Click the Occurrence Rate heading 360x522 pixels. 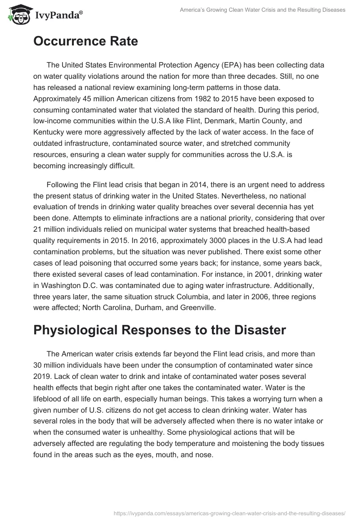coord(85,41)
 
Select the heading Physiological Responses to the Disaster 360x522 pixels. coord(159,330)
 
